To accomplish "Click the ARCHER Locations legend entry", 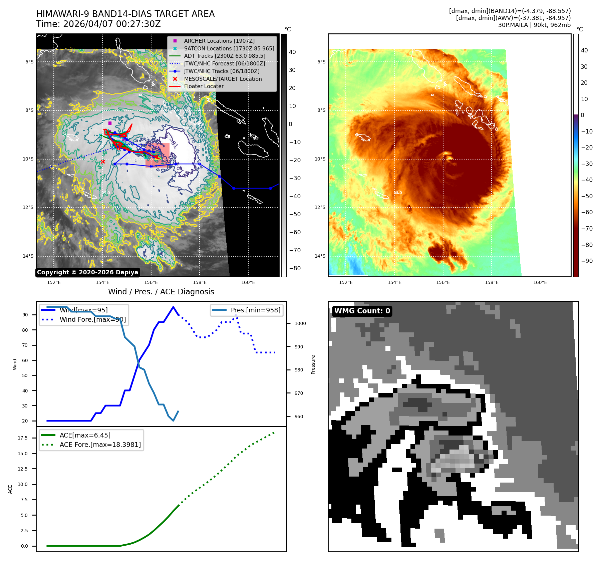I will (x=219, y=41).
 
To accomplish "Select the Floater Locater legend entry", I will (x=204, y=86).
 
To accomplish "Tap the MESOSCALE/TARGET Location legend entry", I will (x=223, y=79).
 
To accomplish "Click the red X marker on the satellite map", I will (x=103, y=162).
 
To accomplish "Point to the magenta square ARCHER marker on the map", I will (x=110, y=123).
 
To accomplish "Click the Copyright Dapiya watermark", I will (x=87, y=272).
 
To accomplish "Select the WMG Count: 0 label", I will (x=362, y=311).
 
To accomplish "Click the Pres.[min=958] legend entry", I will (x=255, y=310).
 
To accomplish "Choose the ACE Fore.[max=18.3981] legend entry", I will (x=100, y=445).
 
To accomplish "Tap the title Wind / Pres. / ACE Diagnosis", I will (x=161, y=292).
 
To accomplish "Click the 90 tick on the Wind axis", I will (x=25, y=315).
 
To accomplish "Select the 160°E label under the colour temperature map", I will (x=540, y=282).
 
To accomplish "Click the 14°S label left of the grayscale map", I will (x=28, y=256).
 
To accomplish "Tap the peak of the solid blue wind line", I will (x=173, y=307).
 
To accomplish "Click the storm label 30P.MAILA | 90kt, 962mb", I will (x=534, y=25).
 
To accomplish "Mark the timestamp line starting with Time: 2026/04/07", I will (x=98, y=24).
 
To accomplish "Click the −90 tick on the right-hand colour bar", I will (x=587, y=261).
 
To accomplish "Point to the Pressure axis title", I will (x=313, y=364).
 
